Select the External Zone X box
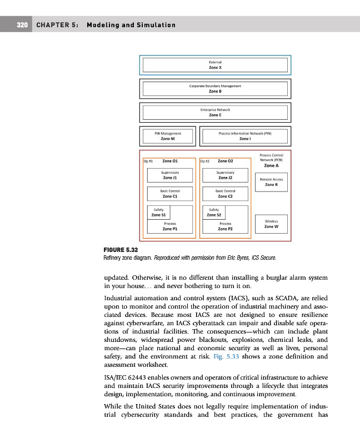tap(215, 65)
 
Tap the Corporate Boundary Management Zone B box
tap(215, 89)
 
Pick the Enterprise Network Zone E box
tap(215, 113)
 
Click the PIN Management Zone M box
tap(168, 136)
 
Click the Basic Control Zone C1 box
tap(170, 193)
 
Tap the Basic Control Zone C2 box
tap(225, 193)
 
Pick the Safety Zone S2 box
tap(214, 212)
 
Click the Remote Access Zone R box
tap(271, 182)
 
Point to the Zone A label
tap(271, 165)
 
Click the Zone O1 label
tap(170, 161)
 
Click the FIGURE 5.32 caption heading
tap(121, 251)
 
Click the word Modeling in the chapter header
tap(104, 25)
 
